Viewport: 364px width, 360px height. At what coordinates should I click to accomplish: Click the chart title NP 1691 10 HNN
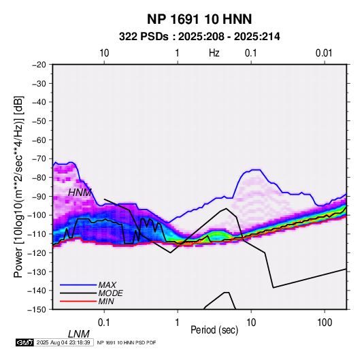[x=199, y=19]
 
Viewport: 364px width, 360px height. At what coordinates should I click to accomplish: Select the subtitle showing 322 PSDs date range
[x=199, y=37]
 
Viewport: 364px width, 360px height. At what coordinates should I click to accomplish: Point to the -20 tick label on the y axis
[x=39, y=65]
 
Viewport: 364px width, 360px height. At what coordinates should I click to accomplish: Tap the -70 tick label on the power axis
[x=39, y=159]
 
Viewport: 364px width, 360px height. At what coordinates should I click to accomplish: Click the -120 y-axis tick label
[x=37, y=252]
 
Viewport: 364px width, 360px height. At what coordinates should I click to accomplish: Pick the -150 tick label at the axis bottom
[x=37, y=310]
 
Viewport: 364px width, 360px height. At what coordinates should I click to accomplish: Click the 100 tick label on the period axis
[x=325, y=323]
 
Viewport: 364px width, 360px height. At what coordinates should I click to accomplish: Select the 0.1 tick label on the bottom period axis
[x=104, y=323]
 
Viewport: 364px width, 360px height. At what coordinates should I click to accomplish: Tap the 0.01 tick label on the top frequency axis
[x=324, y=53]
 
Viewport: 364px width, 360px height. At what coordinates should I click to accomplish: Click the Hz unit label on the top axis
[x=214, y=53]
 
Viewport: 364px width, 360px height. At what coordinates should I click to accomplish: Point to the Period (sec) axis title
[x=214, y=330]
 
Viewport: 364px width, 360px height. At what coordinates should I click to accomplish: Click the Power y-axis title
[x=18, y=186]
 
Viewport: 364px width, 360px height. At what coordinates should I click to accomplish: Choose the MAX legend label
[x=107, y=285]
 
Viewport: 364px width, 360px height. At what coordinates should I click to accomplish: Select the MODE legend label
[x=110, y=293]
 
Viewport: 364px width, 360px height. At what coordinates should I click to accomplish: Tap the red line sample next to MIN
[x=78, y=301]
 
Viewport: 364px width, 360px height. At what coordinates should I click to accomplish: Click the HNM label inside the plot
[x=80, y=193]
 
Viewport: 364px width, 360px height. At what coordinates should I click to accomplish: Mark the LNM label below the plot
[x=79, y=334]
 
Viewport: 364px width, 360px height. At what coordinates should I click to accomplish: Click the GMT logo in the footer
[x=25, y=342]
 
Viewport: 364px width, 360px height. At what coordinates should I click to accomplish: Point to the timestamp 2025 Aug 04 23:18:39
[x=63, y=342]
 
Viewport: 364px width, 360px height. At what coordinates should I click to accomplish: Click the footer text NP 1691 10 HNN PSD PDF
[x=127, y=342]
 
